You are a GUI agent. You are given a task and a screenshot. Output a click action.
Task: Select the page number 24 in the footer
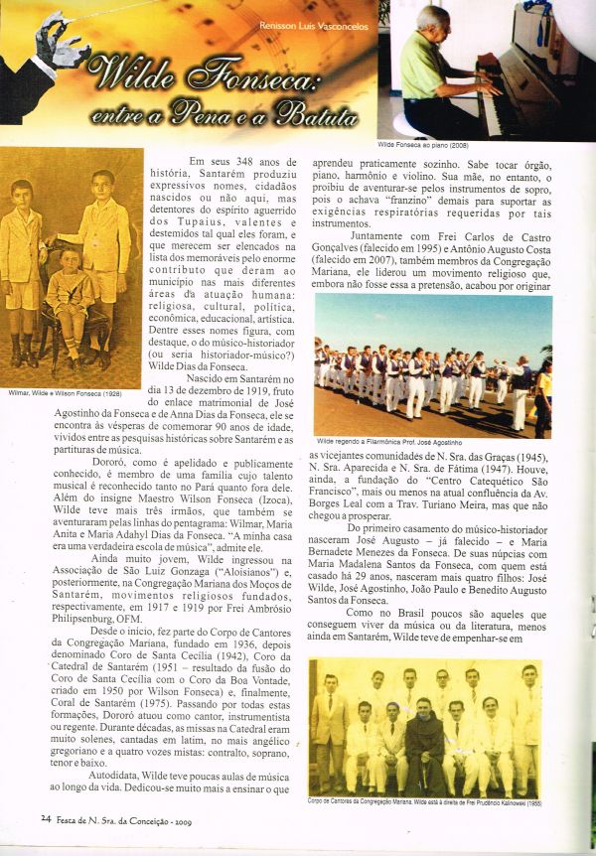[x=46, y=818]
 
